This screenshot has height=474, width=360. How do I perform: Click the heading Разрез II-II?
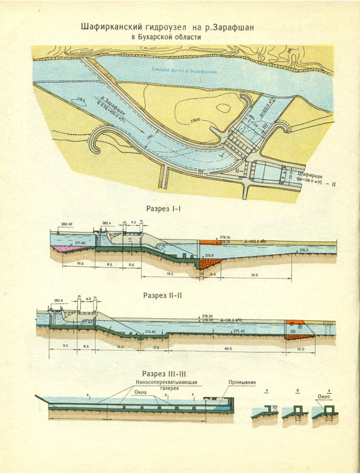(163, 295)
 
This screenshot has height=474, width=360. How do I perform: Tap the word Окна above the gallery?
(141, 392)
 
